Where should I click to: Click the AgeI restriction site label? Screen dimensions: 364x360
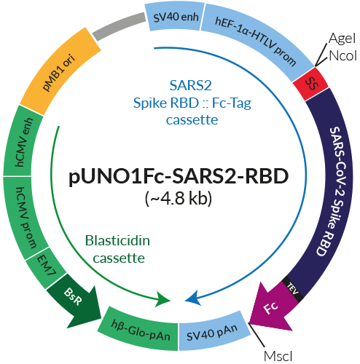click(342, 38)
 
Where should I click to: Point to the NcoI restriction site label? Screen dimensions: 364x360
click(342, 55)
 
